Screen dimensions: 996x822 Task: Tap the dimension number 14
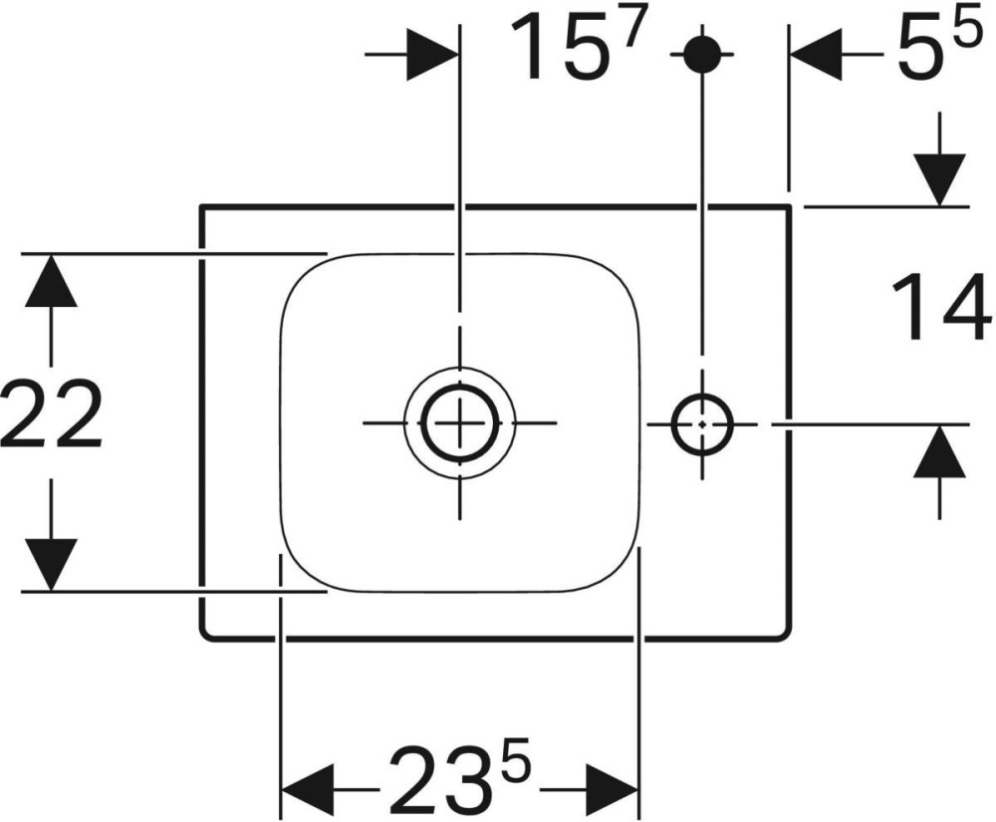pos(942,308)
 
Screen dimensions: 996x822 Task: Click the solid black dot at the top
pos(701,54)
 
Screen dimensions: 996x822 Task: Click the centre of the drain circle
pos(460,422)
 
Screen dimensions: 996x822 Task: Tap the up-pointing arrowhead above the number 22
pos(51,280)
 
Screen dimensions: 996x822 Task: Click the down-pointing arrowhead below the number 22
pos(51,565)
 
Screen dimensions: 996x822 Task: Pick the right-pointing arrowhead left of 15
pos(432,55)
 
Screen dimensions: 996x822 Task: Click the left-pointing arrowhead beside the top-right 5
pos(816,55)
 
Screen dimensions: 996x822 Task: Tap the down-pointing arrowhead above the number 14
pos(939,180)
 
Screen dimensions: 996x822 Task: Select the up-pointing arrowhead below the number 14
pos(939,450)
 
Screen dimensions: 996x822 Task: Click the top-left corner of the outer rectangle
pos(202,206)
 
